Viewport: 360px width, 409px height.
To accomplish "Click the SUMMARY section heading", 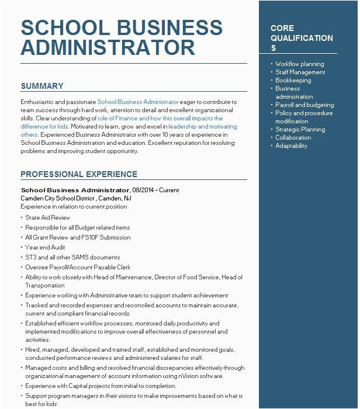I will pyautogui.click(x=42, y=86).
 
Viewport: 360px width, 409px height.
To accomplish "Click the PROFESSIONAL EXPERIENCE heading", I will pyautogui.click(x=79, y=175).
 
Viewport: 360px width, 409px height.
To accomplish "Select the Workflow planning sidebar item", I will pyautogui.click(x=299, y=64).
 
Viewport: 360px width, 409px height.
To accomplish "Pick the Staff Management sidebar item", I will pyautogui.click(x=300, y=72).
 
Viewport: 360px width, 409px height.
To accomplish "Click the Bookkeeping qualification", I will pyautogui.click(x=293, y=81).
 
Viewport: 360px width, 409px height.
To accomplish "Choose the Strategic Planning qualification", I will pyautogui.click(x=300, y=130).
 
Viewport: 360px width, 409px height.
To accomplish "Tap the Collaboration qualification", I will pyautogui.click(x=293, y=138).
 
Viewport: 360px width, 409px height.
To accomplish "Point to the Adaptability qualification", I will pyautogui.click(x=291, y=146).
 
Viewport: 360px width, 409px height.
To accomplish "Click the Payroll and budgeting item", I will pyautogui.click(x=304, y=105).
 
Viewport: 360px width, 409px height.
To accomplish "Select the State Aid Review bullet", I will pyautogui.click(x=47, y=218).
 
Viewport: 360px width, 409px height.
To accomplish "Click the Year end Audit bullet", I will pyautogui.click(x=45, y=248).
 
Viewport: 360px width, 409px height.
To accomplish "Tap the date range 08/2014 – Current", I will pyautogui.click(x=156, y=190).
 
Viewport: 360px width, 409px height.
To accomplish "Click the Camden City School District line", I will pyautogui.click(x=76, y=198).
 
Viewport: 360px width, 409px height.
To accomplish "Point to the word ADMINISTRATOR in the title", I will pyautogui.click(x=108, y=47).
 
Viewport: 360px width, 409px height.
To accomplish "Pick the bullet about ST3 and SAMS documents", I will pyautogui.click(x=72, y=258).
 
